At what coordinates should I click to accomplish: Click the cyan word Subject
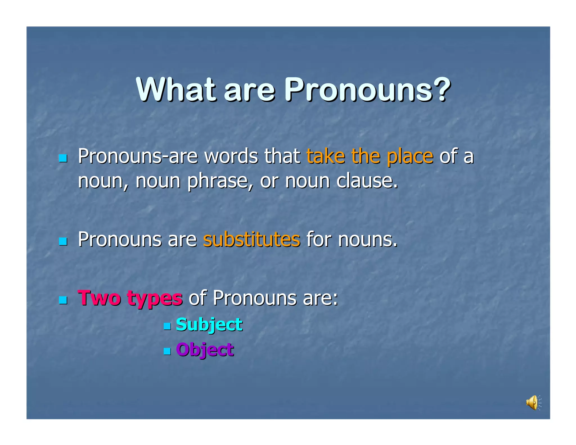point(209,325)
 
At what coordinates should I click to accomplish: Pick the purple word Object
point(205,350)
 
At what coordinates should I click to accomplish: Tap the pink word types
point(155,299)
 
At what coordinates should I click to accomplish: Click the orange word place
point(410,157)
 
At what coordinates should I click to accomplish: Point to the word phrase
point(218,181)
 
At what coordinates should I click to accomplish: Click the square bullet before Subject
point(167,326)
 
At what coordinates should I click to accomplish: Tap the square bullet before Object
point(167,351)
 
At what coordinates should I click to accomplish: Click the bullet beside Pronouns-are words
point(63,158)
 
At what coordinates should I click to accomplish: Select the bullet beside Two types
point(63,300)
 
